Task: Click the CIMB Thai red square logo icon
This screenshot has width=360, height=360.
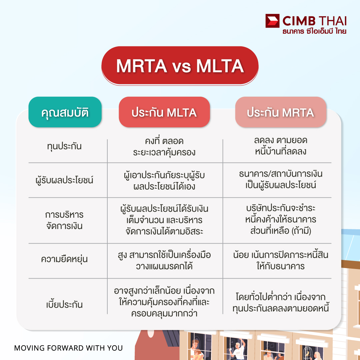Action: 272,21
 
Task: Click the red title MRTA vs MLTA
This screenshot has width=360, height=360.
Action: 180,66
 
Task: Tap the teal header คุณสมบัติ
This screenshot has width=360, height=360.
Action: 65,112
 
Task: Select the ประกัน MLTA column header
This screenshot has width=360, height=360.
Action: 164,112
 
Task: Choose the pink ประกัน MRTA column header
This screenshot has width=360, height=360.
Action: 280,112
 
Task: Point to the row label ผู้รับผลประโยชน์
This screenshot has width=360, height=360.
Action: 64,180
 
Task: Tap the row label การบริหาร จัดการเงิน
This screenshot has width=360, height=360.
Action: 64,220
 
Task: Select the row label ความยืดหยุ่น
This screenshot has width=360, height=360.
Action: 64,259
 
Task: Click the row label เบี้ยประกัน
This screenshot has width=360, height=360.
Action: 64,305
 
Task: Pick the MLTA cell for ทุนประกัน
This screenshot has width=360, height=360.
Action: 164,146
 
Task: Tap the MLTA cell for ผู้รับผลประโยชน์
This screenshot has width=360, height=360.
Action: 164,180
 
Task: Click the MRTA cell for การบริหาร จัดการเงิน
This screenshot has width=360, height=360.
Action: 280,220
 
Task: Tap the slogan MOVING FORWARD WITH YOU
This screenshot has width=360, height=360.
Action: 68,348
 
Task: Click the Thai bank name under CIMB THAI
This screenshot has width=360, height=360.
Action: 314,32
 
